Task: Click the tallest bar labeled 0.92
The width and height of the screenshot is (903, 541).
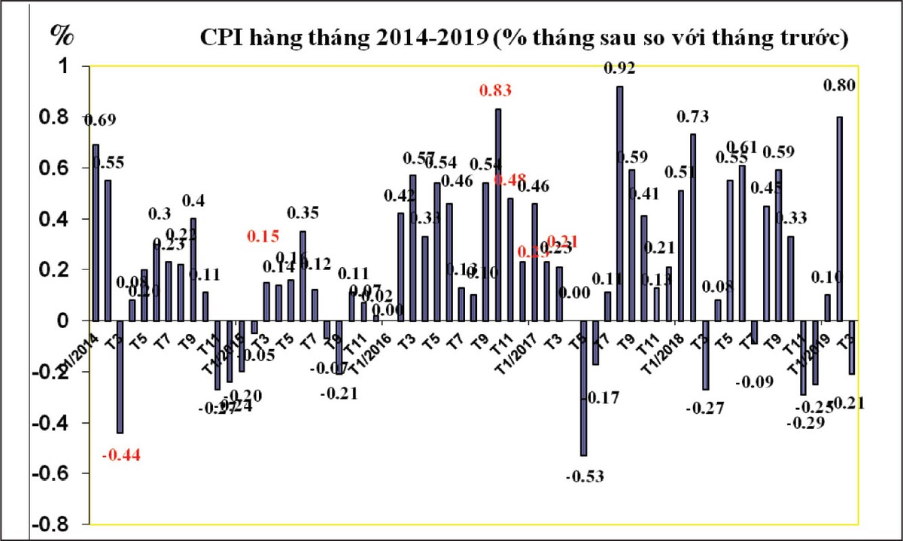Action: (x=619, y=203)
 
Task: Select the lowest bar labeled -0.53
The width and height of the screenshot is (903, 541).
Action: (x=583, y=388)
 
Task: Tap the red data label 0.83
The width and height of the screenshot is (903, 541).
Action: (x=495, y=91)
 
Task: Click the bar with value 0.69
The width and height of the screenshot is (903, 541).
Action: (x=96, y=233)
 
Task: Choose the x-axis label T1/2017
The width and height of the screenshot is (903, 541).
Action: (x=520, y=350)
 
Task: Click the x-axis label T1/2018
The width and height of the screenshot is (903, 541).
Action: (x=667, y=350)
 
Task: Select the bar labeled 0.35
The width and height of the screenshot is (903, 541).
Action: (x=303, y=275)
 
